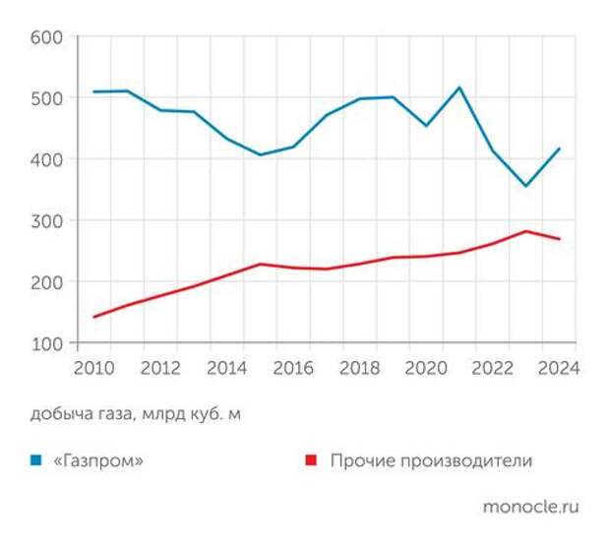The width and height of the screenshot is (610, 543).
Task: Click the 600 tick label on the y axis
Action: [47, 37]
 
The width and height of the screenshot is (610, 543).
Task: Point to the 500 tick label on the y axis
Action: [47, 98]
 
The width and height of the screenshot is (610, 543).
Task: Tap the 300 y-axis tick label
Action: [47, 220]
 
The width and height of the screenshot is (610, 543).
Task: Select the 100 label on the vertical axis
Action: [47, 343]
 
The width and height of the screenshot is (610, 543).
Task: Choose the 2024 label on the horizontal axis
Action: [557, 369]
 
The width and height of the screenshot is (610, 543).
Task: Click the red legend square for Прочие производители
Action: [311, 460]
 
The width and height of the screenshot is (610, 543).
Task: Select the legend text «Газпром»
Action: [101, 460]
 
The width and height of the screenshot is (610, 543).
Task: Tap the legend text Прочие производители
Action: [431, 460]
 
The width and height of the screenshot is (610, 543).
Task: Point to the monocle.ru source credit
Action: [529, 507]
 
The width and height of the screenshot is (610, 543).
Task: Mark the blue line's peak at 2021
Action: [459, 88]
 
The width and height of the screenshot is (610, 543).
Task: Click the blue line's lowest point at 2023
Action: [525, 186]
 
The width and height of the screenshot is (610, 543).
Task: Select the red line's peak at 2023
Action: [525, 231]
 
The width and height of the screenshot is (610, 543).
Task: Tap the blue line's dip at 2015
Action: [261, 154]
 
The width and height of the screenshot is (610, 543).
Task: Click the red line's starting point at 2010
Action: [94, 317]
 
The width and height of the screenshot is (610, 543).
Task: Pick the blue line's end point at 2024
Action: [559, 149]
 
